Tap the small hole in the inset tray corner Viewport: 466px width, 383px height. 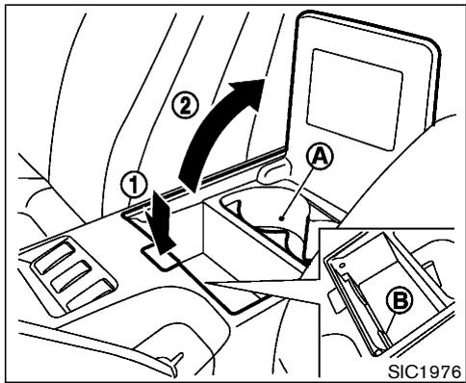point(343,259)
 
